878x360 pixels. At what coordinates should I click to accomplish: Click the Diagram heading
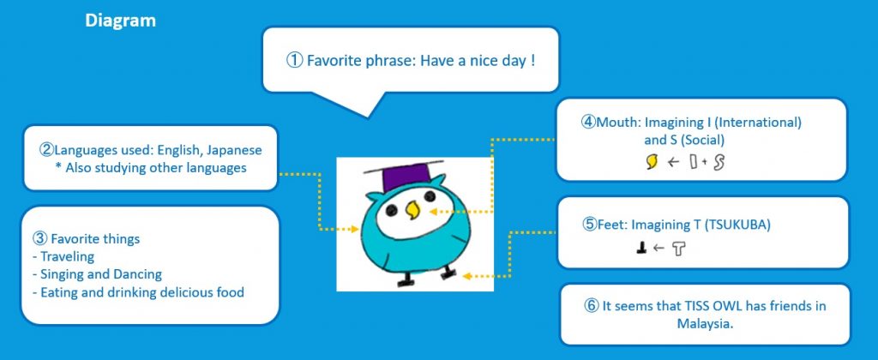(120, 21)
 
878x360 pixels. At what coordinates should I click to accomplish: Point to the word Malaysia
(705, 323)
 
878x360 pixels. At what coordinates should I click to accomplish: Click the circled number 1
(295, 61)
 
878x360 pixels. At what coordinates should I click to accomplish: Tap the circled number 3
(39, 239)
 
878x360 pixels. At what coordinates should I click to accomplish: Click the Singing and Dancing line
(98, 274)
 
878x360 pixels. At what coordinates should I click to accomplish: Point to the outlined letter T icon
(678, 249)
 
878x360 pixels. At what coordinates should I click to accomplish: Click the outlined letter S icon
(719, 162)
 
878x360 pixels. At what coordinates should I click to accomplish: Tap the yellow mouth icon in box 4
(652, 162)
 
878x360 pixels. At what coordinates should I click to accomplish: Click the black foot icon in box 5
(641, 249)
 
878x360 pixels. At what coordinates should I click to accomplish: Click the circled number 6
(591, 307)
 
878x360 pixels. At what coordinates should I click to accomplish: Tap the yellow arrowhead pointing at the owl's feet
(466, 276)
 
